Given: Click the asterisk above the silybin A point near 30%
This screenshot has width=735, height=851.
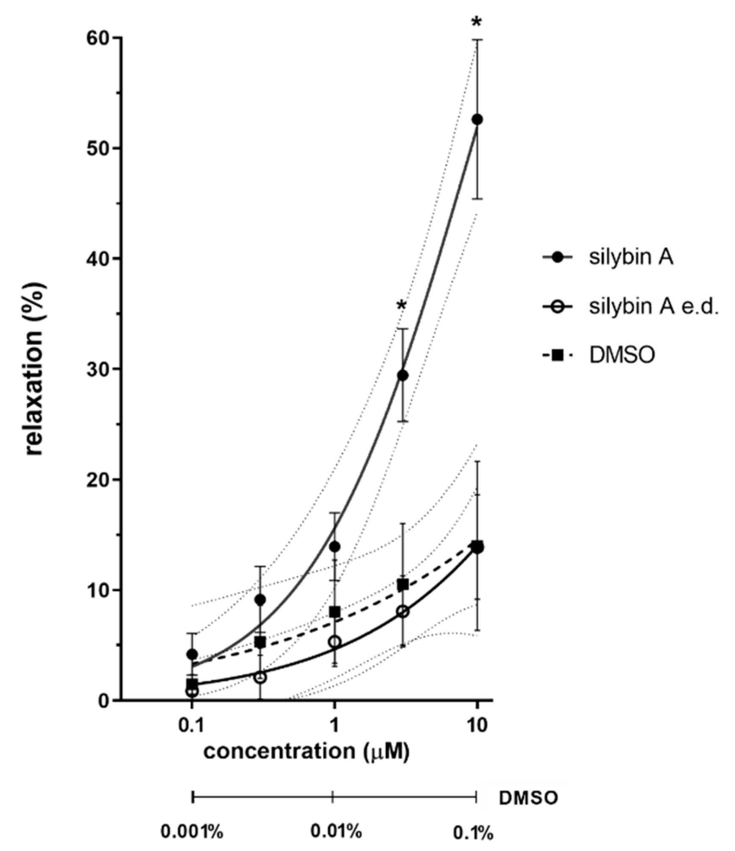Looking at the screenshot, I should (x=402, y=306).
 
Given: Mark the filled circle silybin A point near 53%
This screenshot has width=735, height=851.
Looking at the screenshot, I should (x=477, y=119).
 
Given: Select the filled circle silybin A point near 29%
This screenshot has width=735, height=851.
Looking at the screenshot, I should (x=403, y=375).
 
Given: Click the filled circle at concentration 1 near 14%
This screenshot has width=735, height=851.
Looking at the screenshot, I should (x=335, y=547).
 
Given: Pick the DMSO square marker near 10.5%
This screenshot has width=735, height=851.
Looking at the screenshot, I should (x=403, y=585).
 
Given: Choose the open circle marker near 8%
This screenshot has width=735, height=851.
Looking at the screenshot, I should (x=403, y=612).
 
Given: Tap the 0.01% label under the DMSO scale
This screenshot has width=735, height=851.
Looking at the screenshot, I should (x=336, y=831).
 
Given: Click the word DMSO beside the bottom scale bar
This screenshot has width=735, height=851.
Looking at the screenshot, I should (x=528, y=798).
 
